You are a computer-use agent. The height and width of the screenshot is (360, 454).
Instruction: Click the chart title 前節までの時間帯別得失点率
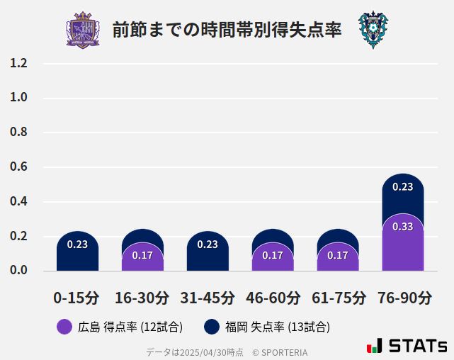pos(227,30)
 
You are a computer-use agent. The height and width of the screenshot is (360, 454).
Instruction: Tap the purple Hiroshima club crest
pos(83,30)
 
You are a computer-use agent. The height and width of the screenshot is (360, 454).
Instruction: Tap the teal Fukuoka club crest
pos(373,30)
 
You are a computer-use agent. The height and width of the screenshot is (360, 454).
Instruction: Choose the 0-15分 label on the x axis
pos(77,298)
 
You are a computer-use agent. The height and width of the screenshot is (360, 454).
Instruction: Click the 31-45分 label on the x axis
pos(208,298)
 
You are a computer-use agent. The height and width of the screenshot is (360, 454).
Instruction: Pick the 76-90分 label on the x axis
pos(403,298)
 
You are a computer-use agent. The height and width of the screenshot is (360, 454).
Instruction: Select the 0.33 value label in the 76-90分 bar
pos(402,227)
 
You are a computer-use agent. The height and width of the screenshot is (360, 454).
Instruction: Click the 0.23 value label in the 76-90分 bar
pos(402,187)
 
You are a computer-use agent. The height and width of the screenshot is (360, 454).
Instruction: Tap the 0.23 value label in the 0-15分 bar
pos(77,244)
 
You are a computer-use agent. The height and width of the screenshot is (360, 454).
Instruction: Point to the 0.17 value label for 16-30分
pos(142,255)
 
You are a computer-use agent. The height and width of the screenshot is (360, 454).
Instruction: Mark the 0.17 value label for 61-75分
pos(338,255)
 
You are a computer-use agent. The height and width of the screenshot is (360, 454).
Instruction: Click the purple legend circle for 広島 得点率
pos(64,327)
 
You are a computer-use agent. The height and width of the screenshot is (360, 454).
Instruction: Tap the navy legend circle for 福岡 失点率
pos(211,327)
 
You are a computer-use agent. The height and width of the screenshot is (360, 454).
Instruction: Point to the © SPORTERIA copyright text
pos(280,351)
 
